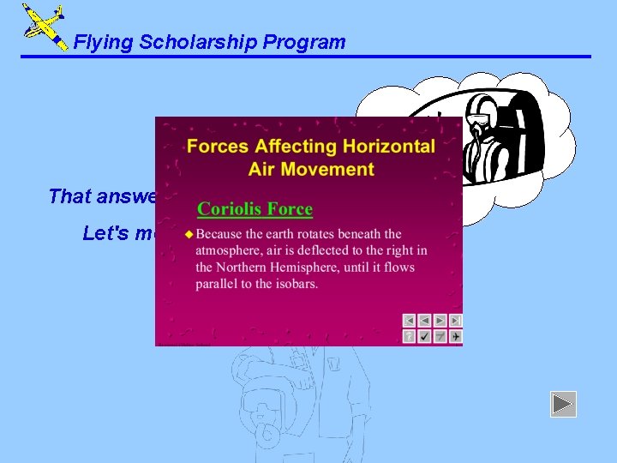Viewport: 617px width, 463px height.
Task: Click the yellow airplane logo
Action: [44, 26]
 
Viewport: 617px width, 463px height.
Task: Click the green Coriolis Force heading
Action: [255, 209]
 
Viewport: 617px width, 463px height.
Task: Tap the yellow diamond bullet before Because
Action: [189, 234]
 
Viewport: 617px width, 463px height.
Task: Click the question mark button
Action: [410, 336]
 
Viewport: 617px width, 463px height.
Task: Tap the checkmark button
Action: [425, 336]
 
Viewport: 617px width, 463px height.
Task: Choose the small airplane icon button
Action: [456, 336]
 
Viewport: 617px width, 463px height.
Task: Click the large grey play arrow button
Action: [563, 404]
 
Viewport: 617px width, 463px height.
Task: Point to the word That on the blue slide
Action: [69, 196]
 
